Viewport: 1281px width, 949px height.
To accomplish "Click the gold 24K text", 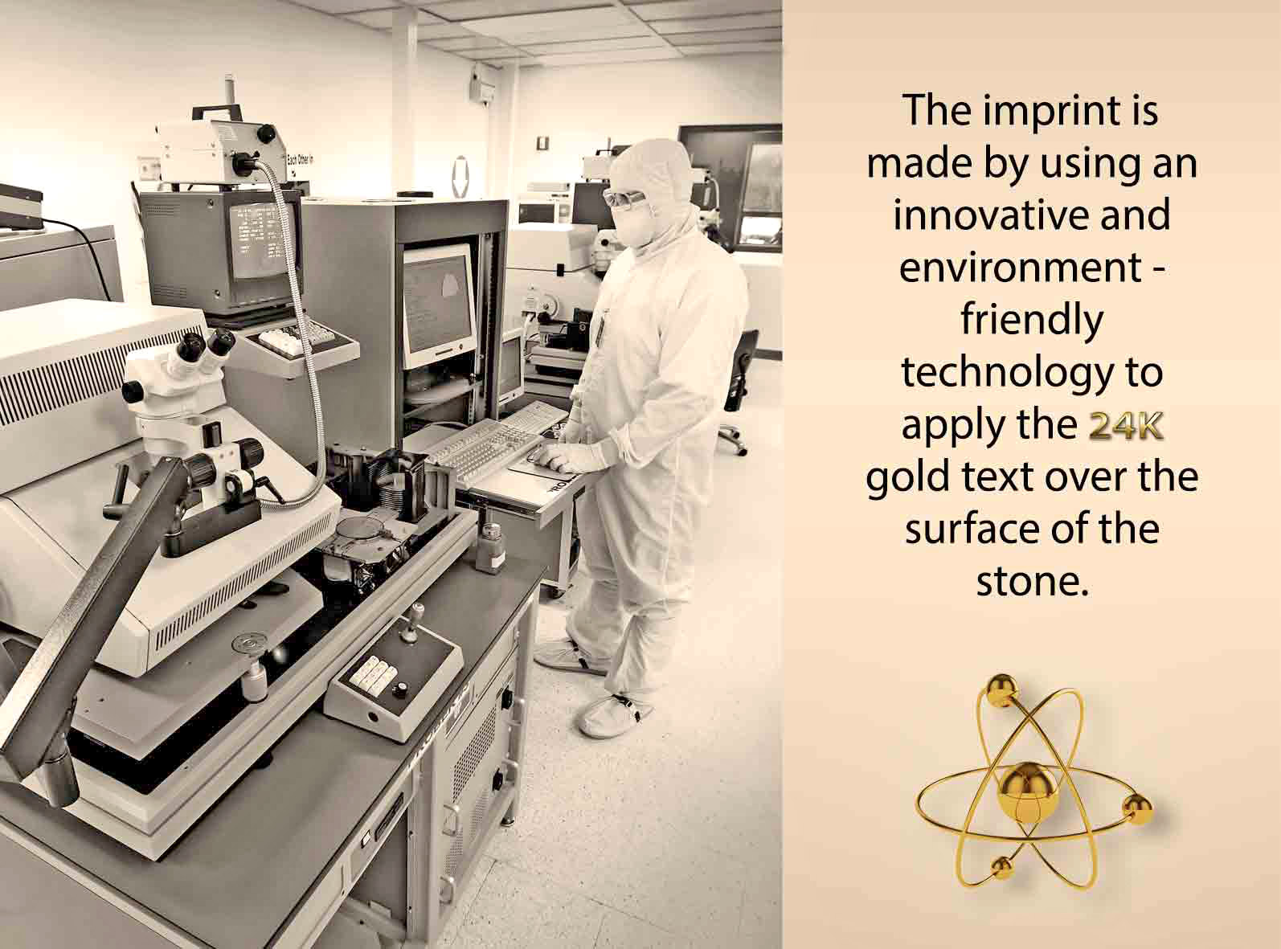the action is pyautogui.click(x=1125, y=427).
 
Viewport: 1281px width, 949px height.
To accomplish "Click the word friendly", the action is pyautogui.click(x=1032, y=321).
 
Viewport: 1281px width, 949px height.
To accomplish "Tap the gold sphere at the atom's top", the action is pyautogui.click(x=1003, y=689).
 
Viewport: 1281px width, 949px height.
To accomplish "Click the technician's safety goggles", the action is pyautogui.click(x=624, y=198).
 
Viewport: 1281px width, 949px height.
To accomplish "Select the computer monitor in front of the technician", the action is pyautogui.click(x=438, y=305).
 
